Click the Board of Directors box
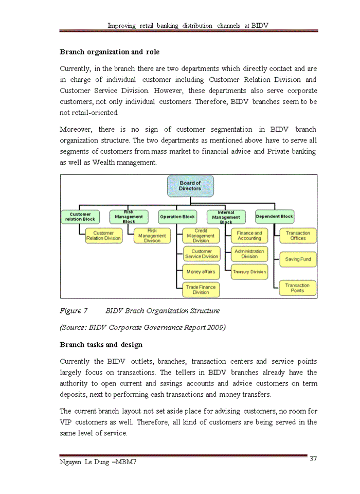point(190,186)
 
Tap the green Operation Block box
point(177,217)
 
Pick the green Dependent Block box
point(274,217)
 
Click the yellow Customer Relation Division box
point(103,236)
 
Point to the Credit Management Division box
point(201,236)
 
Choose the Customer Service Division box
point(201,254)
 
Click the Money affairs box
point(201,271)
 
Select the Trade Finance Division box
point(201,290)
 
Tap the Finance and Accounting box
point(249,236)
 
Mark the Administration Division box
point(249,254)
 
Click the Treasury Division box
point(249,272)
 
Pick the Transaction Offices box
point(298,236)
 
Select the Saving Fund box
point(298,259)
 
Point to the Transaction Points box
point(298,288)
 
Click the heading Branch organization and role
point(110,52)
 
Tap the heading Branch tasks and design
point(101,344)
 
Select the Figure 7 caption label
point(74,311)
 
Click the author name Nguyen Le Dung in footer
point(83,463)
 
